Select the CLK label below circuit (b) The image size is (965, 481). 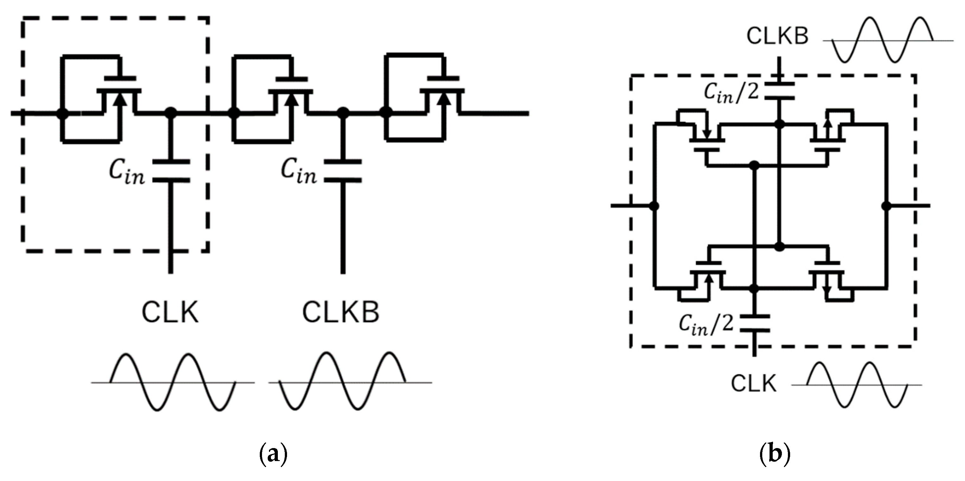click(754, 384)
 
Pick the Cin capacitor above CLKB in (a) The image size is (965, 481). click(343, 171)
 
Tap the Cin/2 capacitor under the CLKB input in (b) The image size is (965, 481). click(779, 91)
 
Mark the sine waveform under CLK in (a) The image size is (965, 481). click(172, 382)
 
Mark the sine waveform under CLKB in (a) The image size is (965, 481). click(343, 382)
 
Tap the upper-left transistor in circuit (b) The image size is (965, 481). click(704, 138)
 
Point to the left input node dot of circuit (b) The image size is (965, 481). click(655, 206)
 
